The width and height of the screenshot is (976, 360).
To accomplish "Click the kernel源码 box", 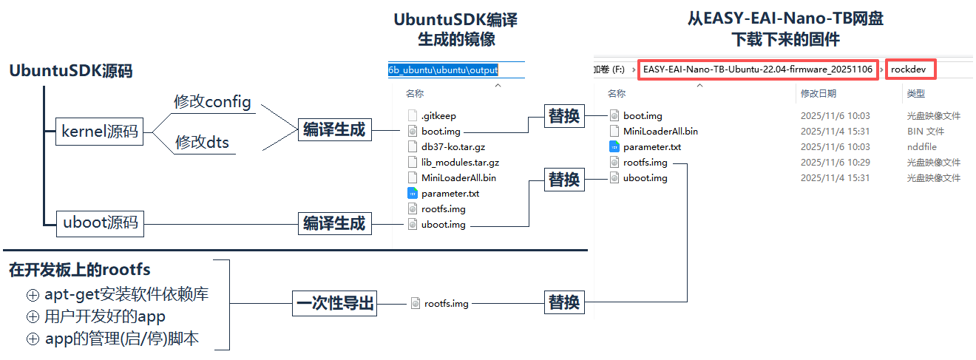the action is click(x=99, y=131).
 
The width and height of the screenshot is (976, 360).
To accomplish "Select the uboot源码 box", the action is click(x=101, y=223).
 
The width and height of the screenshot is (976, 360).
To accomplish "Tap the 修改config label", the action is click(x=212, y=102).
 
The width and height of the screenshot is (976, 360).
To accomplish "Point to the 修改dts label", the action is click(x=202, y=142).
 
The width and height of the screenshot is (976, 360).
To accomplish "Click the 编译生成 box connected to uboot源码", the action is click(x=335, y=223).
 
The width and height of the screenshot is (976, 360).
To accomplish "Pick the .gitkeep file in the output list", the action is click(x=438, y=116).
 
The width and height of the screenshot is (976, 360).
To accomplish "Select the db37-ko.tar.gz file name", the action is click(x=453, y=147).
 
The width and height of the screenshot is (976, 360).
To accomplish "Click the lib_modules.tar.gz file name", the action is click(x=460, y=163).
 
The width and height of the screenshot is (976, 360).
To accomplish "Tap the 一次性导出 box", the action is click(x=335, y=303).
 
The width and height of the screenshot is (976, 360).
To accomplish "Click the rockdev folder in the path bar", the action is click(x=911, y=69).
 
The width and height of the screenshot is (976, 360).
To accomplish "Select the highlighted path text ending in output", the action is click(x=443, y=69).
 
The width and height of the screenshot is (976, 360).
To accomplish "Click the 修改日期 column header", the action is click(x=819, y=94).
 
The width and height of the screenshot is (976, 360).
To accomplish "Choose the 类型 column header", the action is click(x=916, y=94).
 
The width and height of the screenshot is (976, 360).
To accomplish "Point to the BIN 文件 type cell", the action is click(x=926, y=132).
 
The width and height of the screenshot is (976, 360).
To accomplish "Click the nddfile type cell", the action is click(x=921, y=147).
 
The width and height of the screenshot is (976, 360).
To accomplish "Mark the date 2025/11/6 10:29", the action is click(x=836, y=163).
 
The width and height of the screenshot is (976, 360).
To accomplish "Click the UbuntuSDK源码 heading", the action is click(x=70, y=71).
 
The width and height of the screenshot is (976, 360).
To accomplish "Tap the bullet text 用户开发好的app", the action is click(x=104, y=316).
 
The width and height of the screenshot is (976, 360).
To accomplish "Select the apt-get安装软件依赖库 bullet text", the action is click(x=126, y=294).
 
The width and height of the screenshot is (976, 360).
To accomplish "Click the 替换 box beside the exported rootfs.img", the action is click(x=564, y=302).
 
